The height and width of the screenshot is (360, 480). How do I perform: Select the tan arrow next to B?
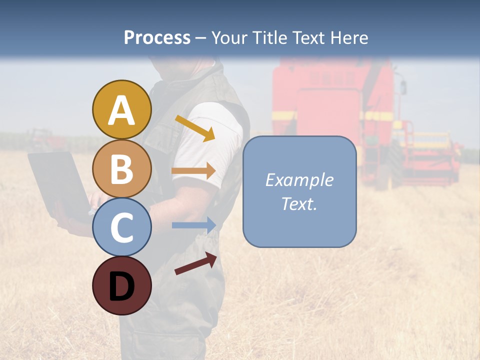pyautogui.click(x=193, y=171)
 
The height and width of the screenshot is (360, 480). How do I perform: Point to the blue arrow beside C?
pyautogui.click(x=194, y=225)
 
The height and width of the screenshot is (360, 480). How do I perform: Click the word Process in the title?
pyautogui.click(x=157, y=38)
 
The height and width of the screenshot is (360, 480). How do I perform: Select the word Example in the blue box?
pyautogui.click(x=299, y=180)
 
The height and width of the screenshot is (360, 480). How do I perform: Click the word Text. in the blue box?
pyautogui.click(x=299, y=204)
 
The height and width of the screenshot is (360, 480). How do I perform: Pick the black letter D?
pyautogui.click(x=122, y=286)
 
